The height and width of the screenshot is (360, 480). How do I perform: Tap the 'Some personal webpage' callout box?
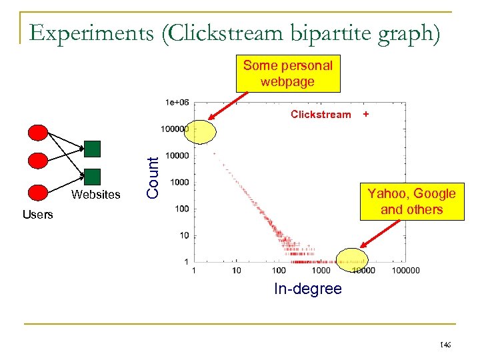pos(288,73)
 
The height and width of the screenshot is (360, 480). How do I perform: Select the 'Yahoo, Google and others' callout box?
pos(411,201)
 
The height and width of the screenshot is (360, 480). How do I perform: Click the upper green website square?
pos(93,147)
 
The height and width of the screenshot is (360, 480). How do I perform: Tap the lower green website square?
pos(93,176)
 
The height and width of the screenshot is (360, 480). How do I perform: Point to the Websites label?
pos(97,195)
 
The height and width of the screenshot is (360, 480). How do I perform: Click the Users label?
pos(37,215)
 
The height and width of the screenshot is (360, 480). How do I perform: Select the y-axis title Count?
pos(153,177)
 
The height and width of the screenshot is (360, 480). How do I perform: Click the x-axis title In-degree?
pos(307,289)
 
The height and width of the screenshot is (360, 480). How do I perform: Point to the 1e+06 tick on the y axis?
pos(177,102)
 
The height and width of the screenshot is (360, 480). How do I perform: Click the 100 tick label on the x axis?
pos(279,271)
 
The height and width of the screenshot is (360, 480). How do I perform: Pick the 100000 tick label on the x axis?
pos(405,271)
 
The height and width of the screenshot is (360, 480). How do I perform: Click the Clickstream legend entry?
pos(320,115)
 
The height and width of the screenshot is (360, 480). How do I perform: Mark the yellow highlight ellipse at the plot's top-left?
pos(200,133)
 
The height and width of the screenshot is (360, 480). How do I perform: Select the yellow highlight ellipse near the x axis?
pos(352,259)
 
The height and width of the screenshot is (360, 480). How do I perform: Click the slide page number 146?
pos(445,344)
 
